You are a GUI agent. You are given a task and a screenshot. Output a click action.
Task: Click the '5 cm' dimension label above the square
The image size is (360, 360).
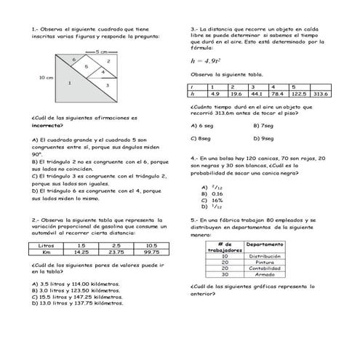coord(101,52)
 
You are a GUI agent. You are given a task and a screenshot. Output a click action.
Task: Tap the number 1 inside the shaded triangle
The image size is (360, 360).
coord(69,83)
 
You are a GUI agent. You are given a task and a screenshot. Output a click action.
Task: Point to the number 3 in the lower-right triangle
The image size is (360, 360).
coord(107,86)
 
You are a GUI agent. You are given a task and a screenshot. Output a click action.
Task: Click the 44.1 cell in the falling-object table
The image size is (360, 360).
coord(257,94)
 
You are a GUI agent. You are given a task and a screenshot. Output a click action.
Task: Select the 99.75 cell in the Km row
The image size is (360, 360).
coord(151,252)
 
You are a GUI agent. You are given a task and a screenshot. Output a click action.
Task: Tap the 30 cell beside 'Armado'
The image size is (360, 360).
coord(225,274)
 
